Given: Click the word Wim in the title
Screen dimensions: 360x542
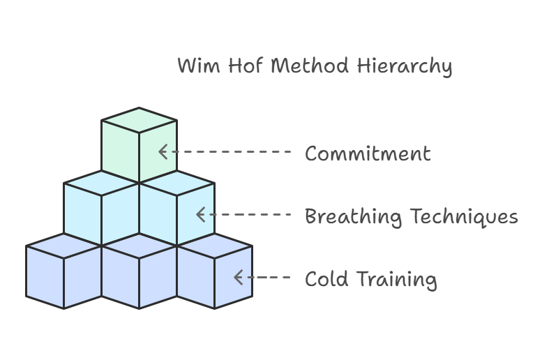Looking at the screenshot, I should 193,66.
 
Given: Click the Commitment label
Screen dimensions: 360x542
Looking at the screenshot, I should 368,153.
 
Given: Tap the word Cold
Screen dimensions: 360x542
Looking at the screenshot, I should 326,279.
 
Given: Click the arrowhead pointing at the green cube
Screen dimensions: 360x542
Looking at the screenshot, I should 163,151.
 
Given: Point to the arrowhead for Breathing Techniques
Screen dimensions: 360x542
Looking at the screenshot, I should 200,215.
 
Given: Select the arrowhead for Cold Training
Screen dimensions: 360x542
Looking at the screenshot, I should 238,278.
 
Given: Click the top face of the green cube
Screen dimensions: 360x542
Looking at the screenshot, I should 139,120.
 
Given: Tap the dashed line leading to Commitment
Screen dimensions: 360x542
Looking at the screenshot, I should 230,151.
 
